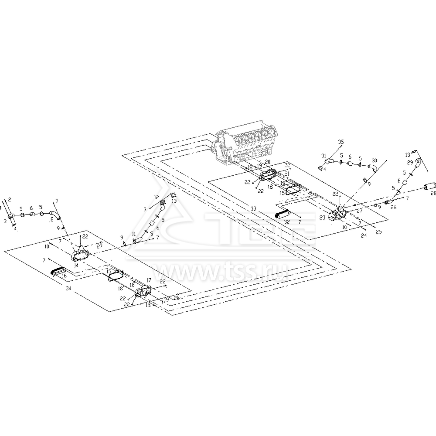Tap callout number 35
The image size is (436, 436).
[x=341, y=142]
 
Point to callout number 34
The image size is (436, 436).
[x=68, y=289]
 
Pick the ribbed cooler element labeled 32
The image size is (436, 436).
[x=284, y=214]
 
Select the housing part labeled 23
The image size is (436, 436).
[x=337, y=215]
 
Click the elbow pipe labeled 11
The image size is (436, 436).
[x=136, y=238]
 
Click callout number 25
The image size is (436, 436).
[x=378, y=232]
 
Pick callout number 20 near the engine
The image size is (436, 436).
[x=268, y=162]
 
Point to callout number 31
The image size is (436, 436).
[x=324, y=156]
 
